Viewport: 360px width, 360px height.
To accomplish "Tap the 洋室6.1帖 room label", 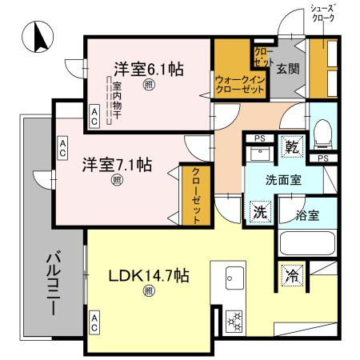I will click(x=148, y=69).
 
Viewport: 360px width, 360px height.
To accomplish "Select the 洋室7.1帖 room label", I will click(x=118, y=166).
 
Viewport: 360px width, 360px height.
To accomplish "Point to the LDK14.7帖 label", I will click(x=149, y=276).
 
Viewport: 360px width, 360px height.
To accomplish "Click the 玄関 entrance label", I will click(x=288, y=69).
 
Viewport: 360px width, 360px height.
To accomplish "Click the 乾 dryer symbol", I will click(x=293, y=148).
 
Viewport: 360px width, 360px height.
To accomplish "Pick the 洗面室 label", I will click(x=284, y=180).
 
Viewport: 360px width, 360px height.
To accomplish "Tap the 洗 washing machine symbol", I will click(x=260, y=212).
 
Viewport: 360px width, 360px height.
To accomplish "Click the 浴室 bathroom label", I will click(x=306, y=214).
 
